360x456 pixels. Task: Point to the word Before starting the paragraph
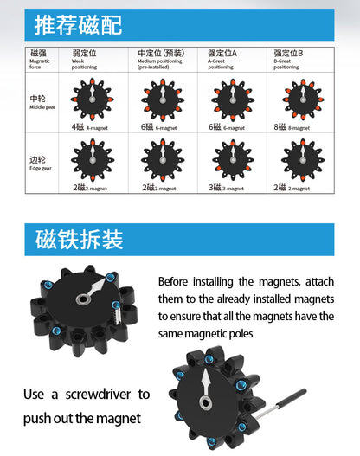click(178, 281)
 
